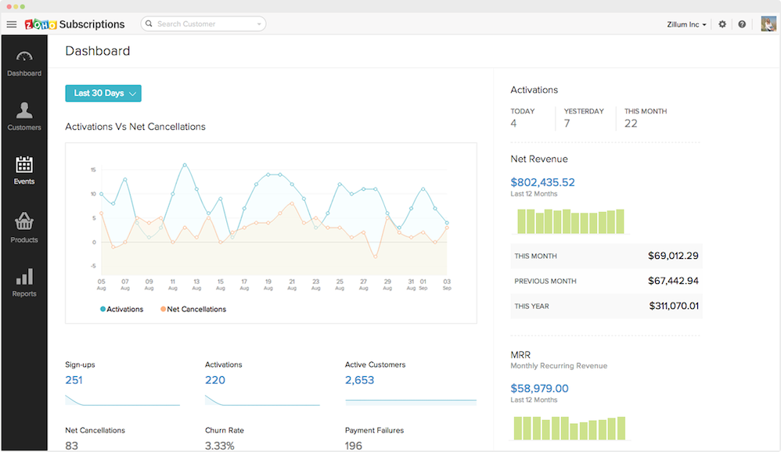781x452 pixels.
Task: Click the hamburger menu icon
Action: tap(11, 24)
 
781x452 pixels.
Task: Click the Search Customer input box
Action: tap(203, 24)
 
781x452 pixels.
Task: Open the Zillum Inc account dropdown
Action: tap(686, 24)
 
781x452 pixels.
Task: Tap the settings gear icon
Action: tap(722, 24)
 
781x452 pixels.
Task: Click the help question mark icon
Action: tap(742, 24)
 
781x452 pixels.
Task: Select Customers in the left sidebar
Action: tap(24, 116)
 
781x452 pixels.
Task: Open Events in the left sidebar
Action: tap(24, 170)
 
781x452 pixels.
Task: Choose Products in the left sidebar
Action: tap(24, 228)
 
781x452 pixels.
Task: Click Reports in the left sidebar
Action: tap(24, 282)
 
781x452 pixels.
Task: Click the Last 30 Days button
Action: tap(103, 93)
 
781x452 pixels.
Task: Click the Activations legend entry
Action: tap(122, 310)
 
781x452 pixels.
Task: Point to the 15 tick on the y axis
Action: tap(93, 170)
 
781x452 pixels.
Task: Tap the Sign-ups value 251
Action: tap(74, 380)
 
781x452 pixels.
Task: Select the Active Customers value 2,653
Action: tap(359, 380)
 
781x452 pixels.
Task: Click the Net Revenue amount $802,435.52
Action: tap(542, 182)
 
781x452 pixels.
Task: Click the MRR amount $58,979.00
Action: tap(539, 388)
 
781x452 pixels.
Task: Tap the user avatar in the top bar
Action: tap(768, 24)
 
